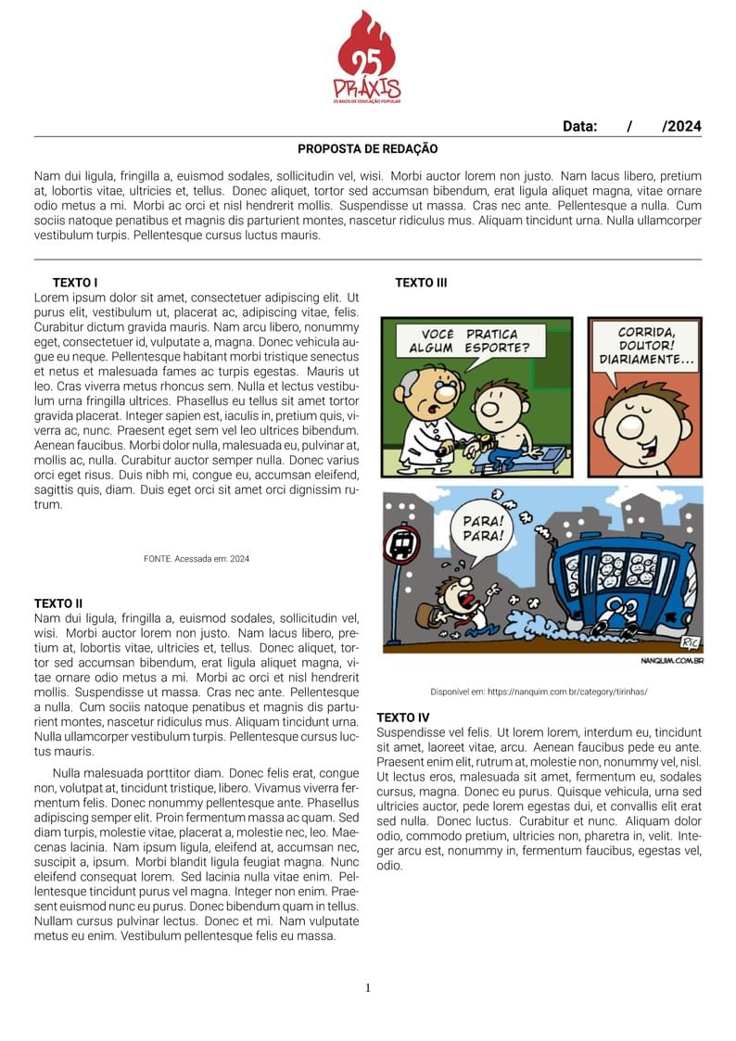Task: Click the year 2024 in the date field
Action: coord(684,127)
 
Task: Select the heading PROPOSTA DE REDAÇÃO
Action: coord(367,148)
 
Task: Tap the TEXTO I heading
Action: coord(75,283)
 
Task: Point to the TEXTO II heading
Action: coord(58,603)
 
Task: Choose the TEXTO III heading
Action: coord(421,283)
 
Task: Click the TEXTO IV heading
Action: coord(403,717)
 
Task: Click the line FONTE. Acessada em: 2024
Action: coord(197,559)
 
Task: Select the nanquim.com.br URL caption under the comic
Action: coord(539,692)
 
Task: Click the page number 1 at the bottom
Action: coord(368,988)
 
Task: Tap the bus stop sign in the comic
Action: coord(401,544)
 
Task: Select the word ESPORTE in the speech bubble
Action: coord(497,349)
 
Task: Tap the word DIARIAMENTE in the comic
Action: coord(646,360)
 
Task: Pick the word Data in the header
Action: coord(579,127)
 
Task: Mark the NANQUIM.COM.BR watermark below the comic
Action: coord(672,661)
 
